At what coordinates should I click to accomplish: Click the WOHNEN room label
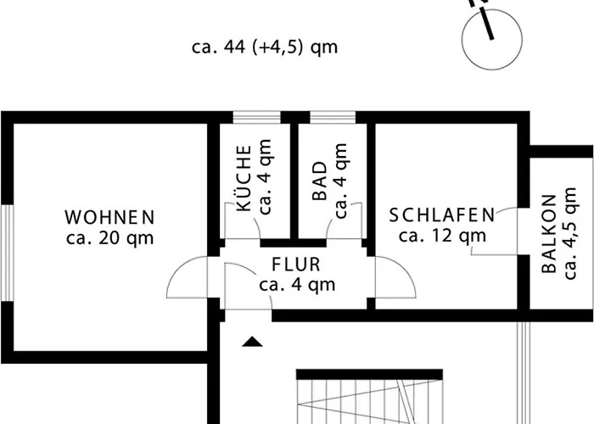109,217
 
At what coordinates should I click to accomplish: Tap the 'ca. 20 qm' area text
109,238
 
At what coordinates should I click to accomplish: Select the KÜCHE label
244,178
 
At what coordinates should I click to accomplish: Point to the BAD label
320,181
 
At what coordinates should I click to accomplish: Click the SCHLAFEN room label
442,215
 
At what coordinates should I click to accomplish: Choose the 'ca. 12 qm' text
442,236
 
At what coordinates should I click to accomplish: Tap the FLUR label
296,265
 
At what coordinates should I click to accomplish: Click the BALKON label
548,233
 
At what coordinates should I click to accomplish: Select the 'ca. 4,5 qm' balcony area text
570,233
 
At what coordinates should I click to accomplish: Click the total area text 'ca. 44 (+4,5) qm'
265,47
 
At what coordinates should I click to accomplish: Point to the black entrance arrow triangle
252,342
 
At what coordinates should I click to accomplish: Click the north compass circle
492,40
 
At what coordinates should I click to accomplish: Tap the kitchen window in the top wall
256,117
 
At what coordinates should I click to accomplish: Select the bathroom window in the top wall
333,117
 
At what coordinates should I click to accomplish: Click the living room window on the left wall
8,254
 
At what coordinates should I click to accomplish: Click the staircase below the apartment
369,397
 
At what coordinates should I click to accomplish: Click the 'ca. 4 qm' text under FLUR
297,285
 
